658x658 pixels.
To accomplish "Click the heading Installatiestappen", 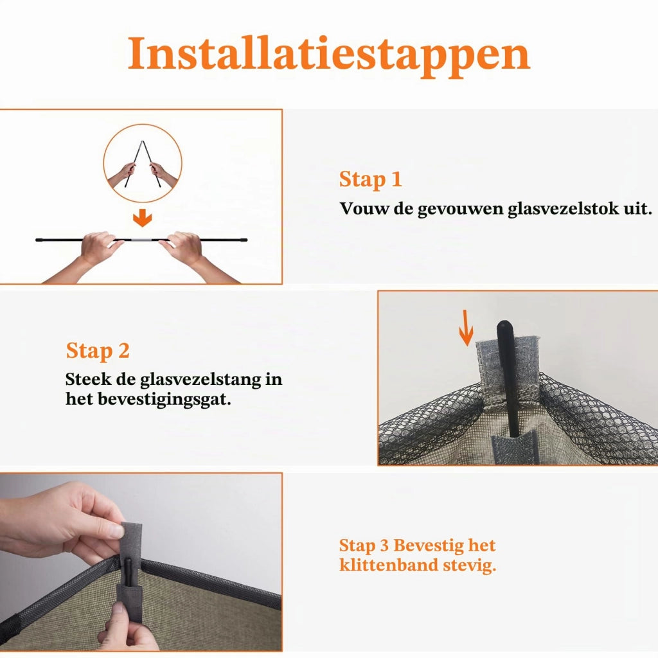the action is click(329, 55).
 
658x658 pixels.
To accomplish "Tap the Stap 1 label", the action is click(371, 179).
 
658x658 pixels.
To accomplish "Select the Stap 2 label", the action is click(98, 351).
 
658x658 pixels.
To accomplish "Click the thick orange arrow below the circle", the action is click(142, 218).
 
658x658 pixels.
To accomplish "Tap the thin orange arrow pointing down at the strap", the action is click(466, 328).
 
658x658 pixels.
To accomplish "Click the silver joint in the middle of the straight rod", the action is click(142, 240).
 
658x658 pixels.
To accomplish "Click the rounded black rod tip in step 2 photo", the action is click(504, 328).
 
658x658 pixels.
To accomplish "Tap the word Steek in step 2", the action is click(88, 379).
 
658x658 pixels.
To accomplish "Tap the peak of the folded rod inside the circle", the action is click(143, 142).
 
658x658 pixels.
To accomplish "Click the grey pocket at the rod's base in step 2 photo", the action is click(515, 447).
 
